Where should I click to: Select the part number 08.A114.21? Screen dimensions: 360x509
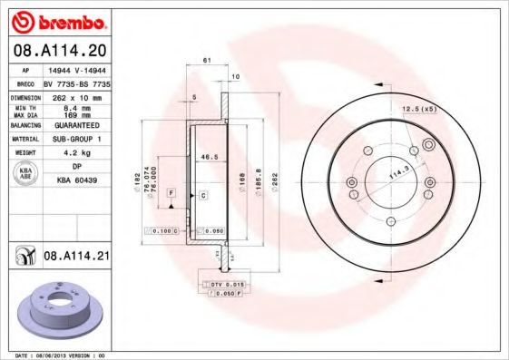(76, 257)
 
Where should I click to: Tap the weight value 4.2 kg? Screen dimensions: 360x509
(73, 152)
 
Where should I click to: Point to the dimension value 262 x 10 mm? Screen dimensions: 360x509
(75, 96)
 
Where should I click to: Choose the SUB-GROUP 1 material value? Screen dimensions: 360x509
(75, 139)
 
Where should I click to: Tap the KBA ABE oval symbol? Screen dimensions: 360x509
(26, 174)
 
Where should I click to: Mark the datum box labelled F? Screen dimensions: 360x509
(171, 193)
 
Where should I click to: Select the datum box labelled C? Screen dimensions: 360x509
(203, 195)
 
